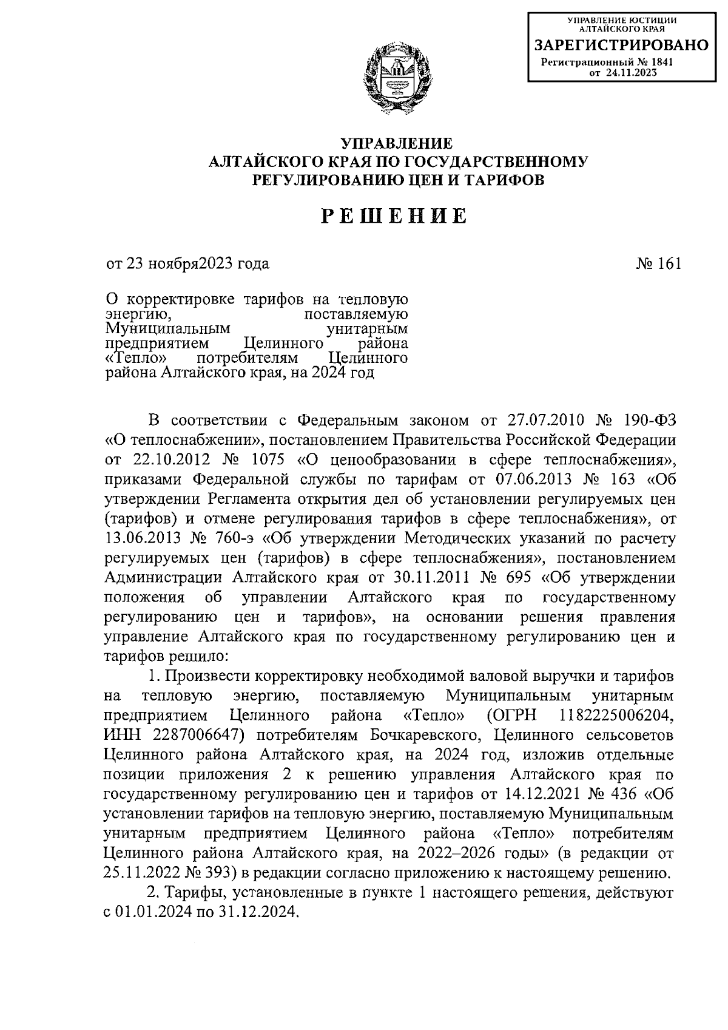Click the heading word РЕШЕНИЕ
click(x=394, y=217)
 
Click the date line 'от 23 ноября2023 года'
click(x=187, y=263)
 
